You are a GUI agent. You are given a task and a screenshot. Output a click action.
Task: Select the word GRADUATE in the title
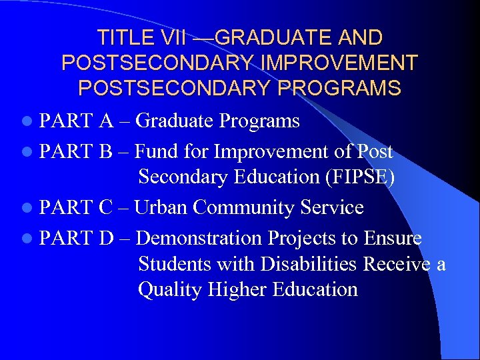coord(266,38)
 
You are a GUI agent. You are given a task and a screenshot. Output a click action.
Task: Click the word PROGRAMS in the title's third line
coord(345,88)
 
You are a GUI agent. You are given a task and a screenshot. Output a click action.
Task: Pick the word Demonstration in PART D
coord(198,238)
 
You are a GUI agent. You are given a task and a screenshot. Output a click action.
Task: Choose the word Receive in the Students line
coord(397,264)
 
